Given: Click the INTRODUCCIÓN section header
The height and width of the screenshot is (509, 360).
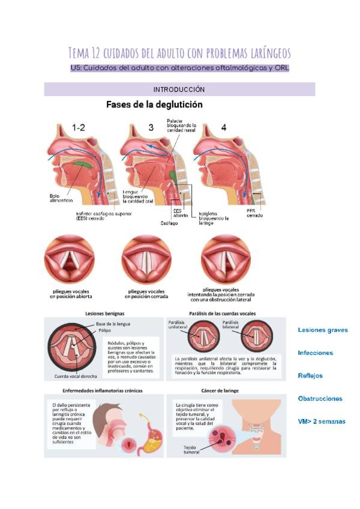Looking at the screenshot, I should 179,89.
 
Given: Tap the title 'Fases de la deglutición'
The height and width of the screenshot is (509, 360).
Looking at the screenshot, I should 154,104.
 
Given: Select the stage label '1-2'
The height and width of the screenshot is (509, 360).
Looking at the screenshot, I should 79,127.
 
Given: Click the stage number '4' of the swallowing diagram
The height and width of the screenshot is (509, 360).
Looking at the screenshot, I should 223,127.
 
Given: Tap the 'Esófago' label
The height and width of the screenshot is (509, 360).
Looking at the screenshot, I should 169,223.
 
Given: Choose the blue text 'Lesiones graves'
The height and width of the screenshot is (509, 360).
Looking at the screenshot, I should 322,330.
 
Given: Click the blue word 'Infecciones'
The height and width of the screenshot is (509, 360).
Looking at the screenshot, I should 315,353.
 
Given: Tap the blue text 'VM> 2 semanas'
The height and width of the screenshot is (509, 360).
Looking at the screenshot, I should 321,421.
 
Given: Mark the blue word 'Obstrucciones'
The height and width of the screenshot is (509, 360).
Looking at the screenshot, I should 320,399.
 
